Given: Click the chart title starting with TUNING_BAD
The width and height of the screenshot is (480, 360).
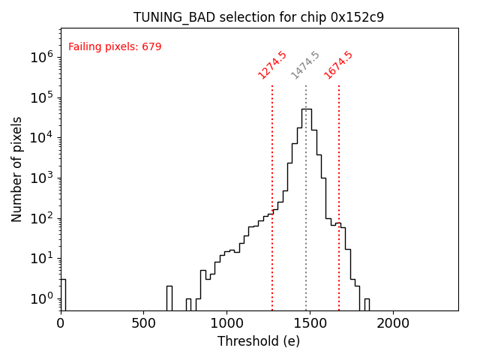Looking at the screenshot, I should click(259, 17).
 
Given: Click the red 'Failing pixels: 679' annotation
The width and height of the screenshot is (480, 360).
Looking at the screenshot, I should click(115, 47).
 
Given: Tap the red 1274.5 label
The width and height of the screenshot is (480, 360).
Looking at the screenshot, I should click(272, 65).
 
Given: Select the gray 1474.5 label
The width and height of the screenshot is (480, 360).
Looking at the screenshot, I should click(305, 65).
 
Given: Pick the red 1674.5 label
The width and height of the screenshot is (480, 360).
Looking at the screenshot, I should click(338, 65).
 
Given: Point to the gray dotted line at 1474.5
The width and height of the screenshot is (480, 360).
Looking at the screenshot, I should click(306, 187).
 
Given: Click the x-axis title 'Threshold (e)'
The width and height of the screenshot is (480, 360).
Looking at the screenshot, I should click(259, 341).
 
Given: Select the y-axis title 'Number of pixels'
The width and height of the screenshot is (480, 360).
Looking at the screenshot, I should click(17, 169).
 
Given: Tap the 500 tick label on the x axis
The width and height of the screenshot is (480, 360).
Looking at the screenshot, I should click(143, 323).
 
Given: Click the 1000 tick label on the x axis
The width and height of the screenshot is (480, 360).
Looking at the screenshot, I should click(226, 323).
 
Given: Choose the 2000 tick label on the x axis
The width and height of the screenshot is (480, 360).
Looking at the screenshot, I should click(392, 323).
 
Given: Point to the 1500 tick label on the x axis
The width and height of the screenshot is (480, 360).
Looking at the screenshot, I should click(309, 323).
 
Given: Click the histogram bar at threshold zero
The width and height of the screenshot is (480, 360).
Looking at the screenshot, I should click(63, 294).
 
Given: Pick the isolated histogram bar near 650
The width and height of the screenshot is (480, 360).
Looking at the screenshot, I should click(169, 298).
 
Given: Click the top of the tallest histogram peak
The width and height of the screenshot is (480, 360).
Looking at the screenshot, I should click(306, 109).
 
